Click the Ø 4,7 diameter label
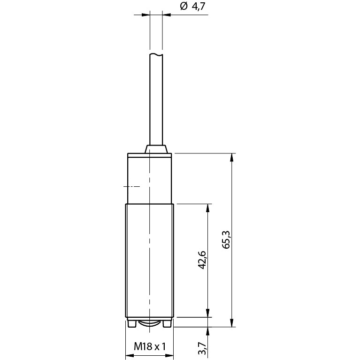(192, 7)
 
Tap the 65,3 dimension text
(226, 239)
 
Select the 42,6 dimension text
(202, 260)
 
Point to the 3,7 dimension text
(202, 349)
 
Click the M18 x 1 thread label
(149, 346)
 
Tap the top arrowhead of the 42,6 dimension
(208, 208)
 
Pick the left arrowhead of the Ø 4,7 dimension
(146, 15)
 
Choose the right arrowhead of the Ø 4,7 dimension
(167, 15)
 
